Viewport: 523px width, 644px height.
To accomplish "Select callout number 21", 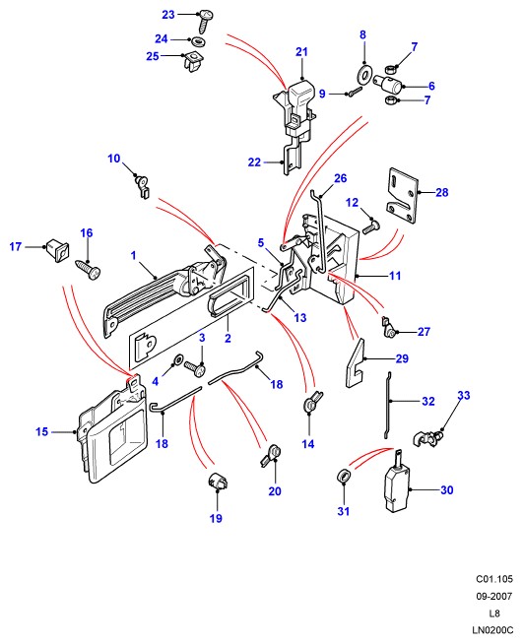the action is [x=301, y=52].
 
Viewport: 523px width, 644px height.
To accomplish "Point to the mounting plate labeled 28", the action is [x=402, y=196].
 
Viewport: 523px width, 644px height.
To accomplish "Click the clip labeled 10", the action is [x=142, y=186].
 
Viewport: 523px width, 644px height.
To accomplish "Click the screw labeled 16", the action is [x=88, y=269].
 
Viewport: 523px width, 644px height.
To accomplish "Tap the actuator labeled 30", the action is [x=398, y=482].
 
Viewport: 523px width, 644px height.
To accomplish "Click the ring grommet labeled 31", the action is [x=344, y=476].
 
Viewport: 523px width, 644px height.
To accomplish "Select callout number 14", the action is [x=307, y=444].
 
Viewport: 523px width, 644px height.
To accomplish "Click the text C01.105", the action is [x=494, y=579].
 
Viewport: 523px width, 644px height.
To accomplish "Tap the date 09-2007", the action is [x=494, y=596].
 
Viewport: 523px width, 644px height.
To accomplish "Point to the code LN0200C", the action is [x=492, y=629].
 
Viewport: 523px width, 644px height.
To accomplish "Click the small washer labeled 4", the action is [x=178, y=359].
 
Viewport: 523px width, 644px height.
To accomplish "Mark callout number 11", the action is [x=395, y=276].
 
